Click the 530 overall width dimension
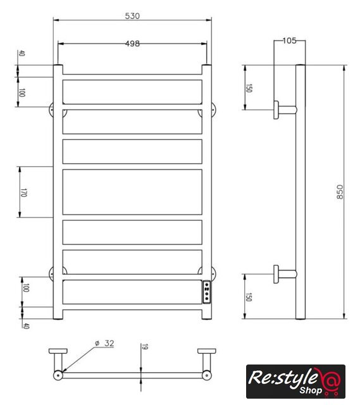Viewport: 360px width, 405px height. [132, 16]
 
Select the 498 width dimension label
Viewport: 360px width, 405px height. [132, 44]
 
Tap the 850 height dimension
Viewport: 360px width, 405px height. [340, 192]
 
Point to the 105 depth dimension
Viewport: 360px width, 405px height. [289, 40]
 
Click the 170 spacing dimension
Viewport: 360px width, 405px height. [23, 192]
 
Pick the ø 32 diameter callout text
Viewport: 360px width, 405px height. [104, 343]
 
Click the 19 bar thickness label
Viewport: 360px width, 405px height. [145, 347]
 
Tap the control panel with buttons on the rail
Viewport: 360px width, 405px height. [207, 292]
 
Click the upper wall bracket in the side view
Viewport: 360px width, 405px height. [285, 109]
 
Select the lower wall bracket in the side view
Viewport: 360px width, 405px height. [285, 274]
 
